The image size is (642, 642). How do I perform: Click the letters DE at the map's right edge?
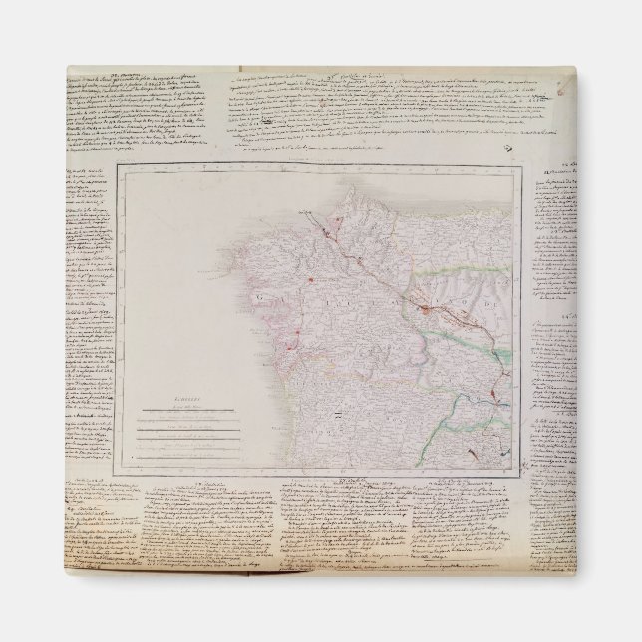click(x=492, y=299)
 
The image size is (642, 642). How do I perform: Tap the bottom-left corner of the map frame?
click(x=118, y=469)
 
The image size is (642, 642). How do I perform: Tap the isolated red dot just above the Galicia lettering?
click(x=311, y=282)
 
